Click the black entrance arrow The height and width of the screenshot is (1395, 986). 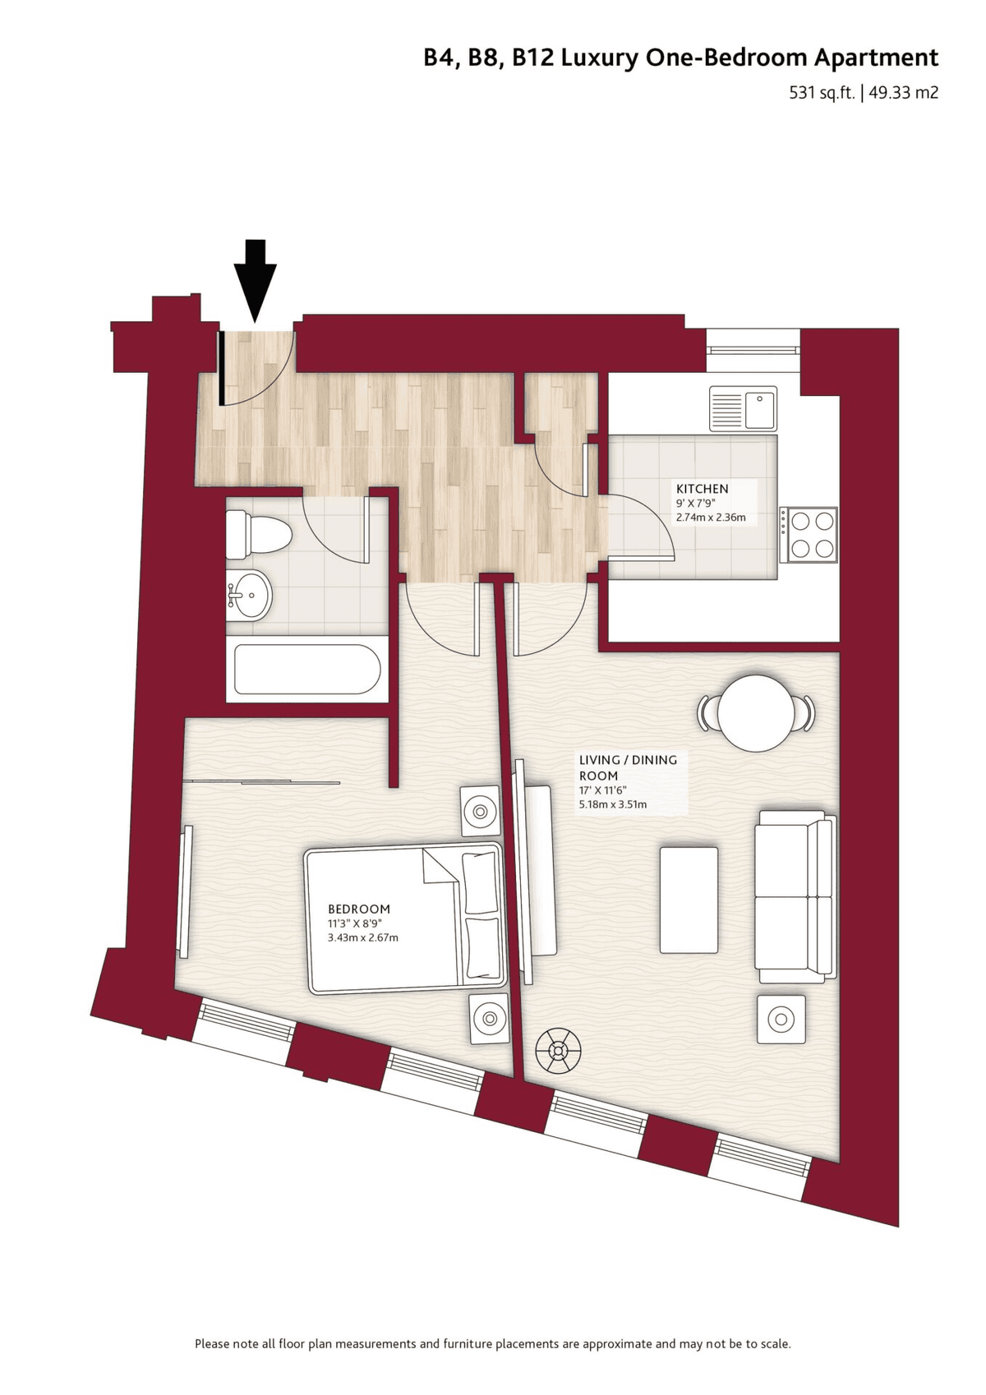[255, 281]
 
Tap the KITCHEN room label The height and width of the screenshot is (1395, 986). [702, 489]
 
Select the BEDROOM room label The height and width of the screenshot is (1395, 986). [359, 909]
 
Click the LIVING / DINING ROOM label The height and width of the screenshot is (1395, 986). [627, 767]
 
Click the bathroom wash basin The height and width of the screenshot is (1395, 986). [249, 596]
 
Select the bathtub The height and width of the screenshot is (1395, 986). [307, 670]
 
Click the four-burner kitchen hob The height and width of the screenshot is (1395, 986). [809, 534]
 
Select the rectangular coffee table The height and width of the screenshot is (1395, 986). [689, 899]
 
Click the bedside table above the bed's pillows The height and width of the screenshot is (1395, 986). [480, 811]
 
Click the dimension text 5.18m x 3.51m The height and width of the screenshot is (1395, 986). [612, 804]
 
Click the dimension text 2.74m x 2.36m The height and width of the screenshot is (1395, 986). [711, 517]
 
